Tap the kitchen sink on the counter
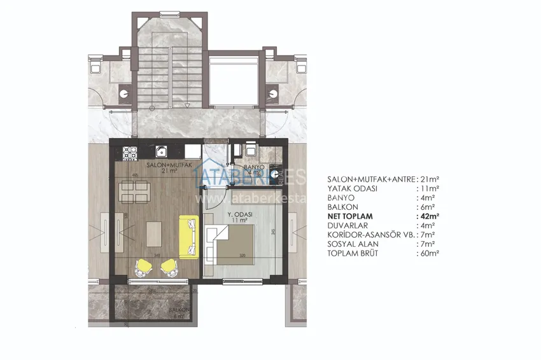163,152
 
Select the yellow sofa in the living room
189,237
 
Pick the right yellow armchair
169,268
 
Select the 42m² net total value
431,216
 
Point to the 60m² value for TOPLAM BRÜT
431,253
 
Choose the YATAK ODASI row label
353,188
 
